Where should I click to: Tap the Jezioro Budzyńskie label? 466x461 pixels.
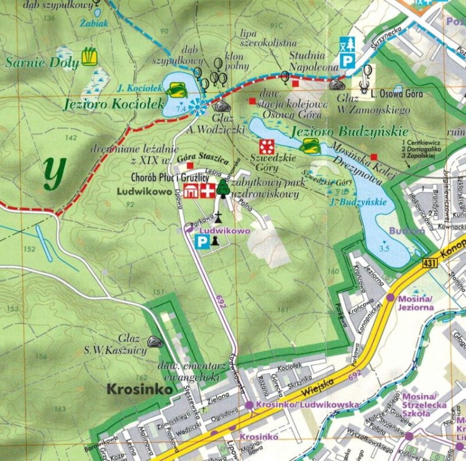click(x=349, y=132)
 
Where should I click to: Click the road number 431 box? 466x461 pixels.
click(x=429, y=263)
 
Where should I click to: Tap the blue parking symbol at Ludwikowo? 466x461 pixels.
click(x=202, y=241)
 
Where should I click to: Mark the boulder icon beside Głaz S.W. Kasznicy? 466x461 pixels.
click(x=155, y=342)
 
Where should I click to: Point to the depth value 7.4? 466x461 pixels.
click(x=182, y=109)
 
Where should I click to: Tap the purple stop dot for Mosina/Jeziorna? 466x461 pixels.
click(x=390, y=298)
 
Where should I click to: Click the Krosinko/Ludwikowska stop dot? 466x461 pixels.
click(x=249, y=405)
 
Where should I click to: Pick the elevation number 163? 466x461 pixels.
click(x=60, y=409)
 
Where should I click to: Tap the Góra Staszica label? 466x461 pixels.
click(x=198, y=159)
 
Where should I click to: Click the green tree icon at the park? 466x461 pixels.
click(x=223, y=188)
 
